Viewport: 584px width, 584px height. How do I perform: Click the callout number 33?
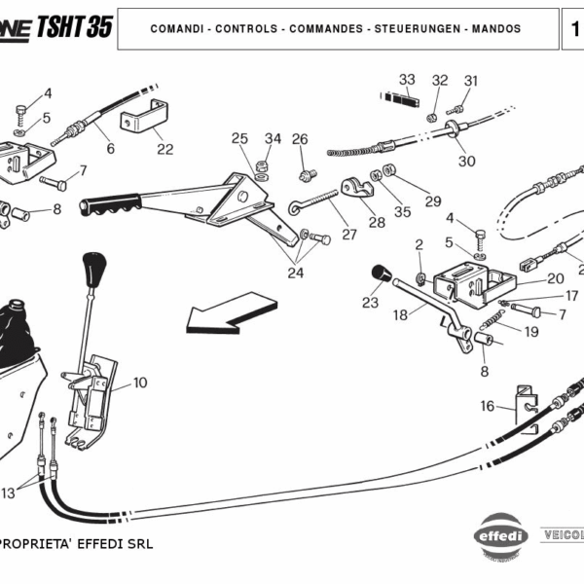pos(407,79)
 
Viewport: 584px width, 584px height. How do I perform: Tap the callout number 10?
pos(140,383)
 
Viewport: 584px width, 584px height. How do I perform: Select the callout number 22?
pos(165,149)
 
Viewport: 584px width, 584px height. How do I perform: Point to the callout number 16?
pos(487,406)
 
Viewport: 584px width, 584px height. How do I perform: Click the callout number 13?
pos(8,493)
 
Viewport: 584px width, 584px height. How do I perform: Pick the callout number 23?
pos(370,303)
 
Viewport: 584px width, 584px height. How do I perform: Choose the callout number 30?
pos(466,161)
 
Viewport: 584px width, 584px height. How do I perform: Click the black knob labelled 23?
pos(381,273)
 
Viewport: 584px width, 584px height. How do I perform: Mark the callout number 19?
pos(531,331)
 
